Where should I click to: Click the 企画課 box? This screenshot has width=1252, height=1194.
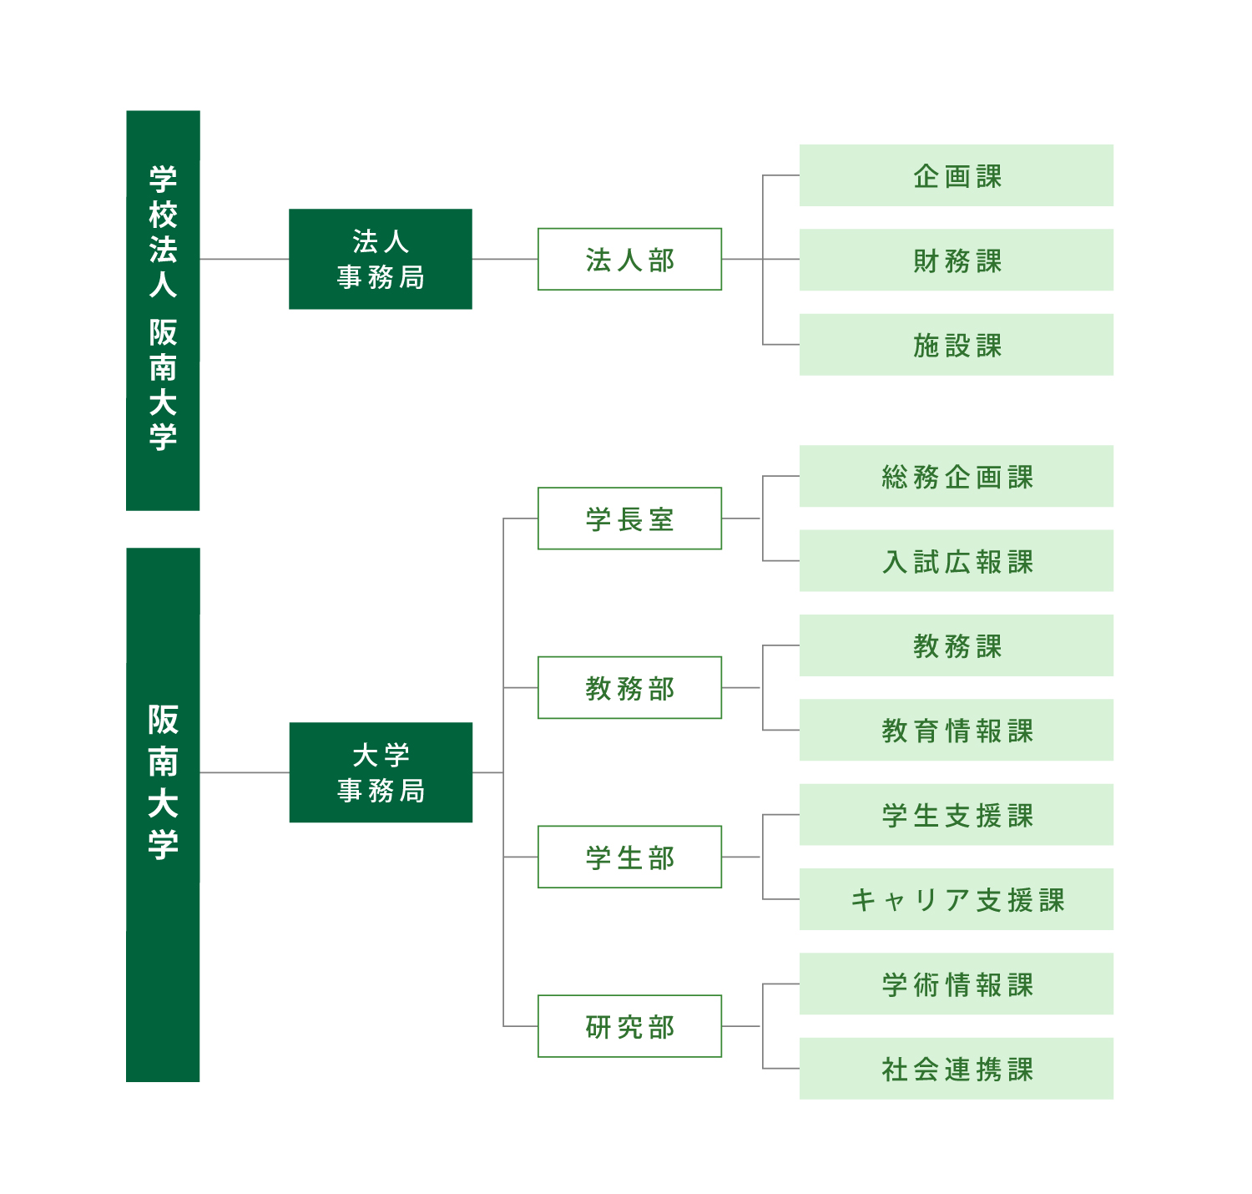pos(956,175)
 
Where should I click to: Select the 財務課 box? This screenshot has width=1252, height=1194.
pos(956,260)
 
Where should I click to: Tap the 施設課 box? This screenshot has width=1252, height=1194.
pos(956,345)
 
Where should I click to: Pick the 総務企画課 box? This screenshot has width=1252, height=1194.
pos(956,476)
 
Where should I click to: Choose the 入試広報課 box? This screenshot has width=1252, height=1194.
pos(956,561)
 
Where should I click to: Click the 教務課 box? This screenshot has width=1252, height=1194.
pos(956,645)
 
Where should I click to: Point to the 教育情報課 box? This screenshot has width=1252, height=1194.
pos(956,730)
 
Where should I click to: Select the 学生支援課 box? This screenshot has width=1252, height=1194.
pos(956,815)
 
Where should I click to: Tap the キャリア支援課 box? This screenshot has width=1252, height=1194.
pos(956,899)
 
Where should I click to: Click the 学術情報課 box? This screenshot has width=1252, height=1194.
pos(956,984)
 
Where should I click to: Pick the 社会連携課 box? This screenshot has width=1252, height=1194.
pos(956,1069)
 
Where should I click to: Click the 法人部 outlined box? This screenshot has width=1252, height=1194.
pos(629,260)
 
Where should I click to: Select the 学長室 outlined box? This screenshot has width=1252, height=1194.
pos(629,519)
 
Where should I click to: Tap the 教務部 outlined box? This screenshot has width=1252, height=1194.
pos(629,688)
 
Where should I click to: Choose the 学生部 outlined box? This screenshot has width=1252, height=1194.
pos(629,858)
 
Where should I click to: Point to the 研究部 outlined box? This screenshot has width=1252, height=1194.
pos(629,1027)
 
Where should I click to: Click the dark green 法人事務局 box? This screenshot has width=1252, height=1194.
pos(380,260)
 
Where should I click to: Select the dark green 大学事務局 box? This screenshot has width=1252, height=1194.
pos(380,773)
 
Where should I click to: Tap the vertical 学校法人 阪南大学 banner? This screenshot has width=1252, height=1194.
pos(163,311)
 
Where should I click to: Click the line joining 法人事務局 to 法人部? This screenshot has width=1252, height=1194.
pos(505,260)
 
